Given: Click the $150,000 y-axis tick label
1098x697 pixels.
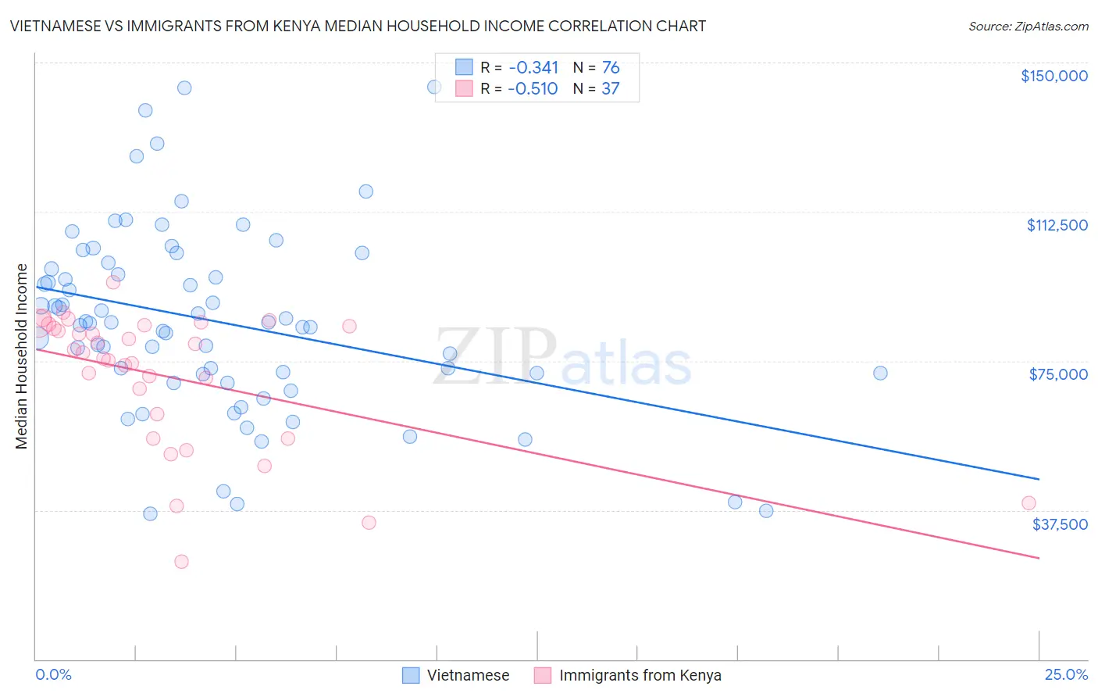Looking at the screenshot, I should [1053, 76].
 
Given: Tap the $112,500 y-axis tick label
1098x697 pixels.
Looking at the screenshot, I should [1057, 225].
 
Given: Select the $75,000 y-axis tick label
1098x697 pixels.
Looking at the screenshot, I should [1058, 374].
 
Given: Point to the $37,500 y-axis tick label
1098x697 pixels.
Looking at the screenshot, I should [1060, 524].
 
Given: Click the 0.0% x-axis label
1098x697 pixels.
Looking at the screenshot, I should [53, 674].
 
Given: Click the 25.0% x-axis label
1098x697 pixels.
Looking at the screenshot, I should [1066, 674].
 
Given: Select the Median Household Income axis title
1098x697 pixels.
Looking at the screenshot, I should [21, 356].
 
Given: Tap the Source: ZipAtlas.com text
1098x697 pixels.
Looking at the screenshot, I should [1028, 26].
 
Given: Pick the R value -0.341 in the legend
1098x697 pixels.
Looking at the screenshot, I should [533, 67].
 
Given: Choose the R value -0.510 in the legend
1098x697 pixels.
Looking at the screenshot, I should [533, 88].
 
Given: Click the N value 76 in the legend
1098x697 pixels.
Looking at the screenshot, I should [611, 67].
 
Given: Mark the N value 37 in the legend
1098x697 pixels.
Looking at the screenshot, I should [611, 88].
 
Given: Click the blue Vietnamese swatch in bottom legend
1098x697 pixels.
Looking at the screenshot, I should [411, 675].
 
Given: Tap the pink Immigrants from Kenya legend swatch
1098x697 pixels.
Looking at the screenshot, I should [543, 675].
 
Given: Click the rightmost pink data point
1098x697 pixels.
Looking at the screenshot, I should [1028, 503].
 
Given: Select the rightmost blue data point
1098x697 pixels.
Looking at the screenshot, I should [880, 374].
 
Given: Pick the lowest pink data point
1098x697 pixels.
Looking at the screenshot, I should [181, 561].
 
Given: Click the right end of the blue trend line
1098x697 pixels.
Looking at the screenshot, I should [1039, 479].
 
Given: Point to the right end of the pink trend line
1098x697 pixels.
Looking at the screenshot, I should [1039, 558].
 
